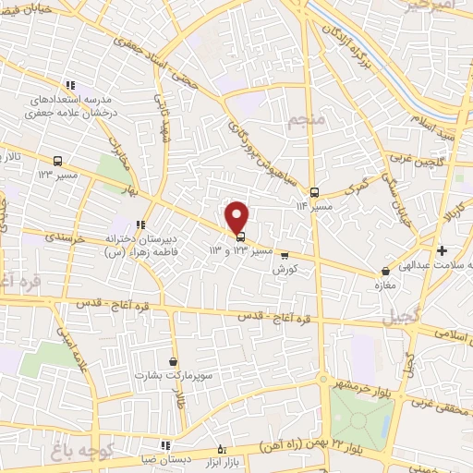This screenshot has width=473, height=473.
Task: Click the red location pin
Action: [x=237, y=216]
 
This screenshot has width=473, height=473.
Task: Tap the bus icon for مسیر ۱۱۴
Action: [x=315, y=193]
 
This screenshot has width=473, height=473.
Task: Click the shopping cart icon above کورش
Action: [x=285, y=256]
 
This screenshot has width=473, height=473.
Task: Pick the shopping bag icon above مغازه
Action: [x=386, y=272]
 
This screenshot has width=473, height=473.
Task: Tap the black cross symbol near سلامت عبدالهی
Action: [x=442, y=250]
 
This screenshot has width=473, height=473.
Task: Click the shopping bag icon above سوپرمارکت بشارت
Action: [x=174, y=361]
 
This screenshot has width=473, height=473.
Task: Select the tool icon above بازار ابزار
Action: [x=220, y=447]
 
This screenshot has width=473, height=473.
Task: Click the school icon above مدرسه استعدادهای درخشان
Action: [x=79, y=83]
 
